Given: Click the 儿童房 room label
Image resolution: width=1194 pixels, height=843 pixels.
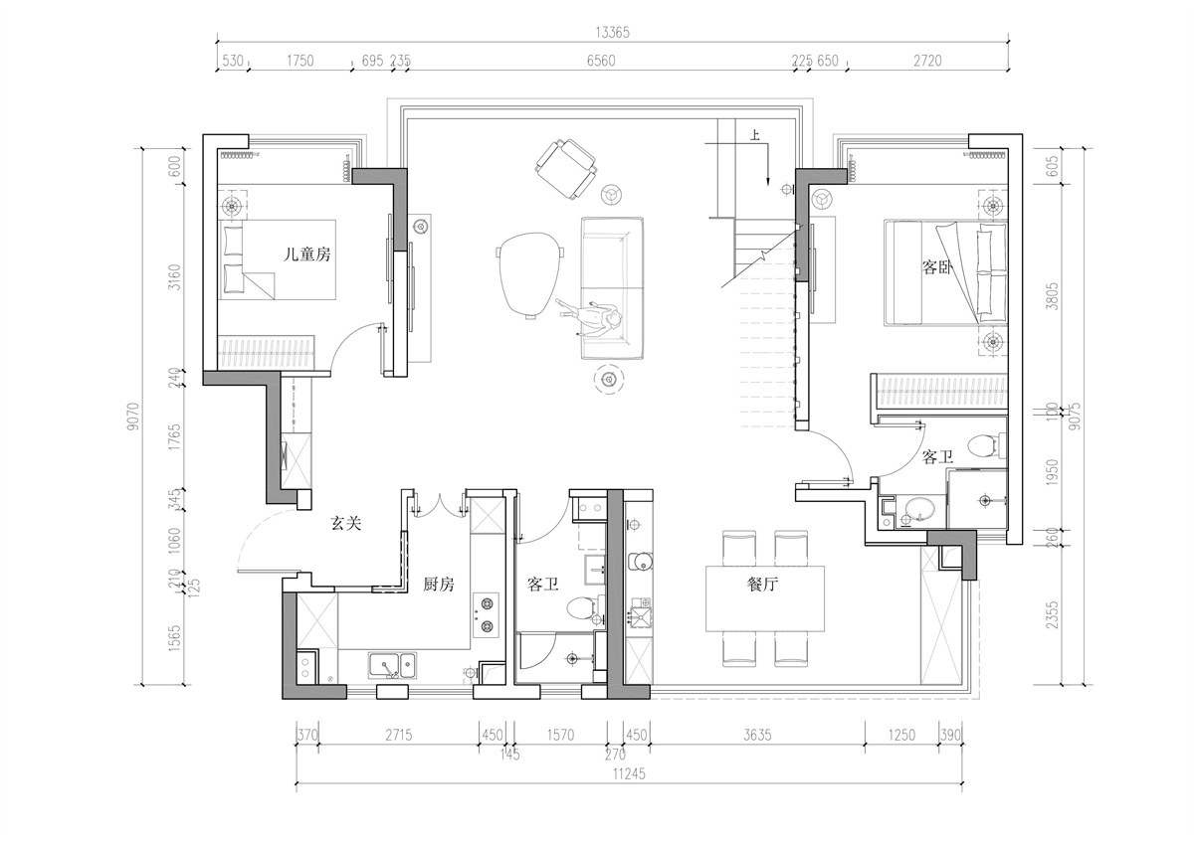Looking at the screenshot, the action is pos(306,254).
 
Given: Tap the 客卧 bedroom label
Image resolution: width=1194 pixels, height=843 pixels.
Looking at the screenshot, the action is pos(937,266).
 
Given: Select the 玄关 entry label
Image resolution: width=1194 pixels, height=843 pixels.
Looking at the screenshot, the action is pos(346,524).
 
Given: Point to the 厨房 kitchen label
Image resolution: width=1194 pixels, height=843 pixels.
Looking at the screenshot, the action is pos(439,585).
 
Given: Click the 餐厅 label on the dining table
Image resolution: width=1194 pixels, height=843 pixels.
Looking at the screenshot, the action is pos(763,585).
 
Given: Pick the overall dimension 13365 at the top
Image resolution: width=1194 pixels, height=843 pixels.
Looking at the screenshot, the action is pos(613,33).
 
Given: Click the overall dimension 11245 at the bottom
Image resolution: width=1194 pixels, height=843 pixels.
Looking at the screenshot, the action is pos(629,773).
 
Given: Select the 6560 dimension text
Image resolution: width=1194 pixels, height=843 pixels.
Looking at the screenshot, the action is pos(601,61).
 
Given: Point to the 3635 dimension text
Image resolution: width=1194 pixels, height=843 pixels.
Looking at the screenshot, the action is pos(757,735).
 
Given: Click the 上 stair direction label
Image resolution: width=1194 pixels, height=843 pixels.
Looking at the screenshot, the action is pos(755,136).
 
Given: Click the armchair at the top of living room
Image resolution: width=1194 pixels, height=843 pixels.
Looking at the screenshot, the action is pos(565,169).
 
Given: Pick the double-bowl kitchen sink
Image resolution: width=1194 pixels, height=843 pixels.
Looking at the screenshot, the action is pos(392,666).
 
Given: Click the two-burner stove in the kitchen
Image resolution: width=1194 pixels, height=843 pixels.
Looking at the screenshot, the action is pos(486,615).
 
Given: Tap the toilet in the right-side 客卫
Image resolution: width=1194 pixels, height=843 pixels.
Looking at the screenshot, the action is pos(985,445).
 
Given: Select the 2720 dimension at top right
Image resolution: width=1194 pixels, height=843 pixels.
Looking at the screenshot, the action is pos(927,61).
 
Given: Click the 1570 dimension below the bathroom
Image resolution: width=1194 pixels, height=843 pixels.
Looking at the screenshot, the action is pos(560,735).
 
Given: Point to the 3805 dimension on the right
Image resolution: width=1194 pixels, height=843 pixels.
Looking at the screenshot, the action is pos(1052,295).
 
